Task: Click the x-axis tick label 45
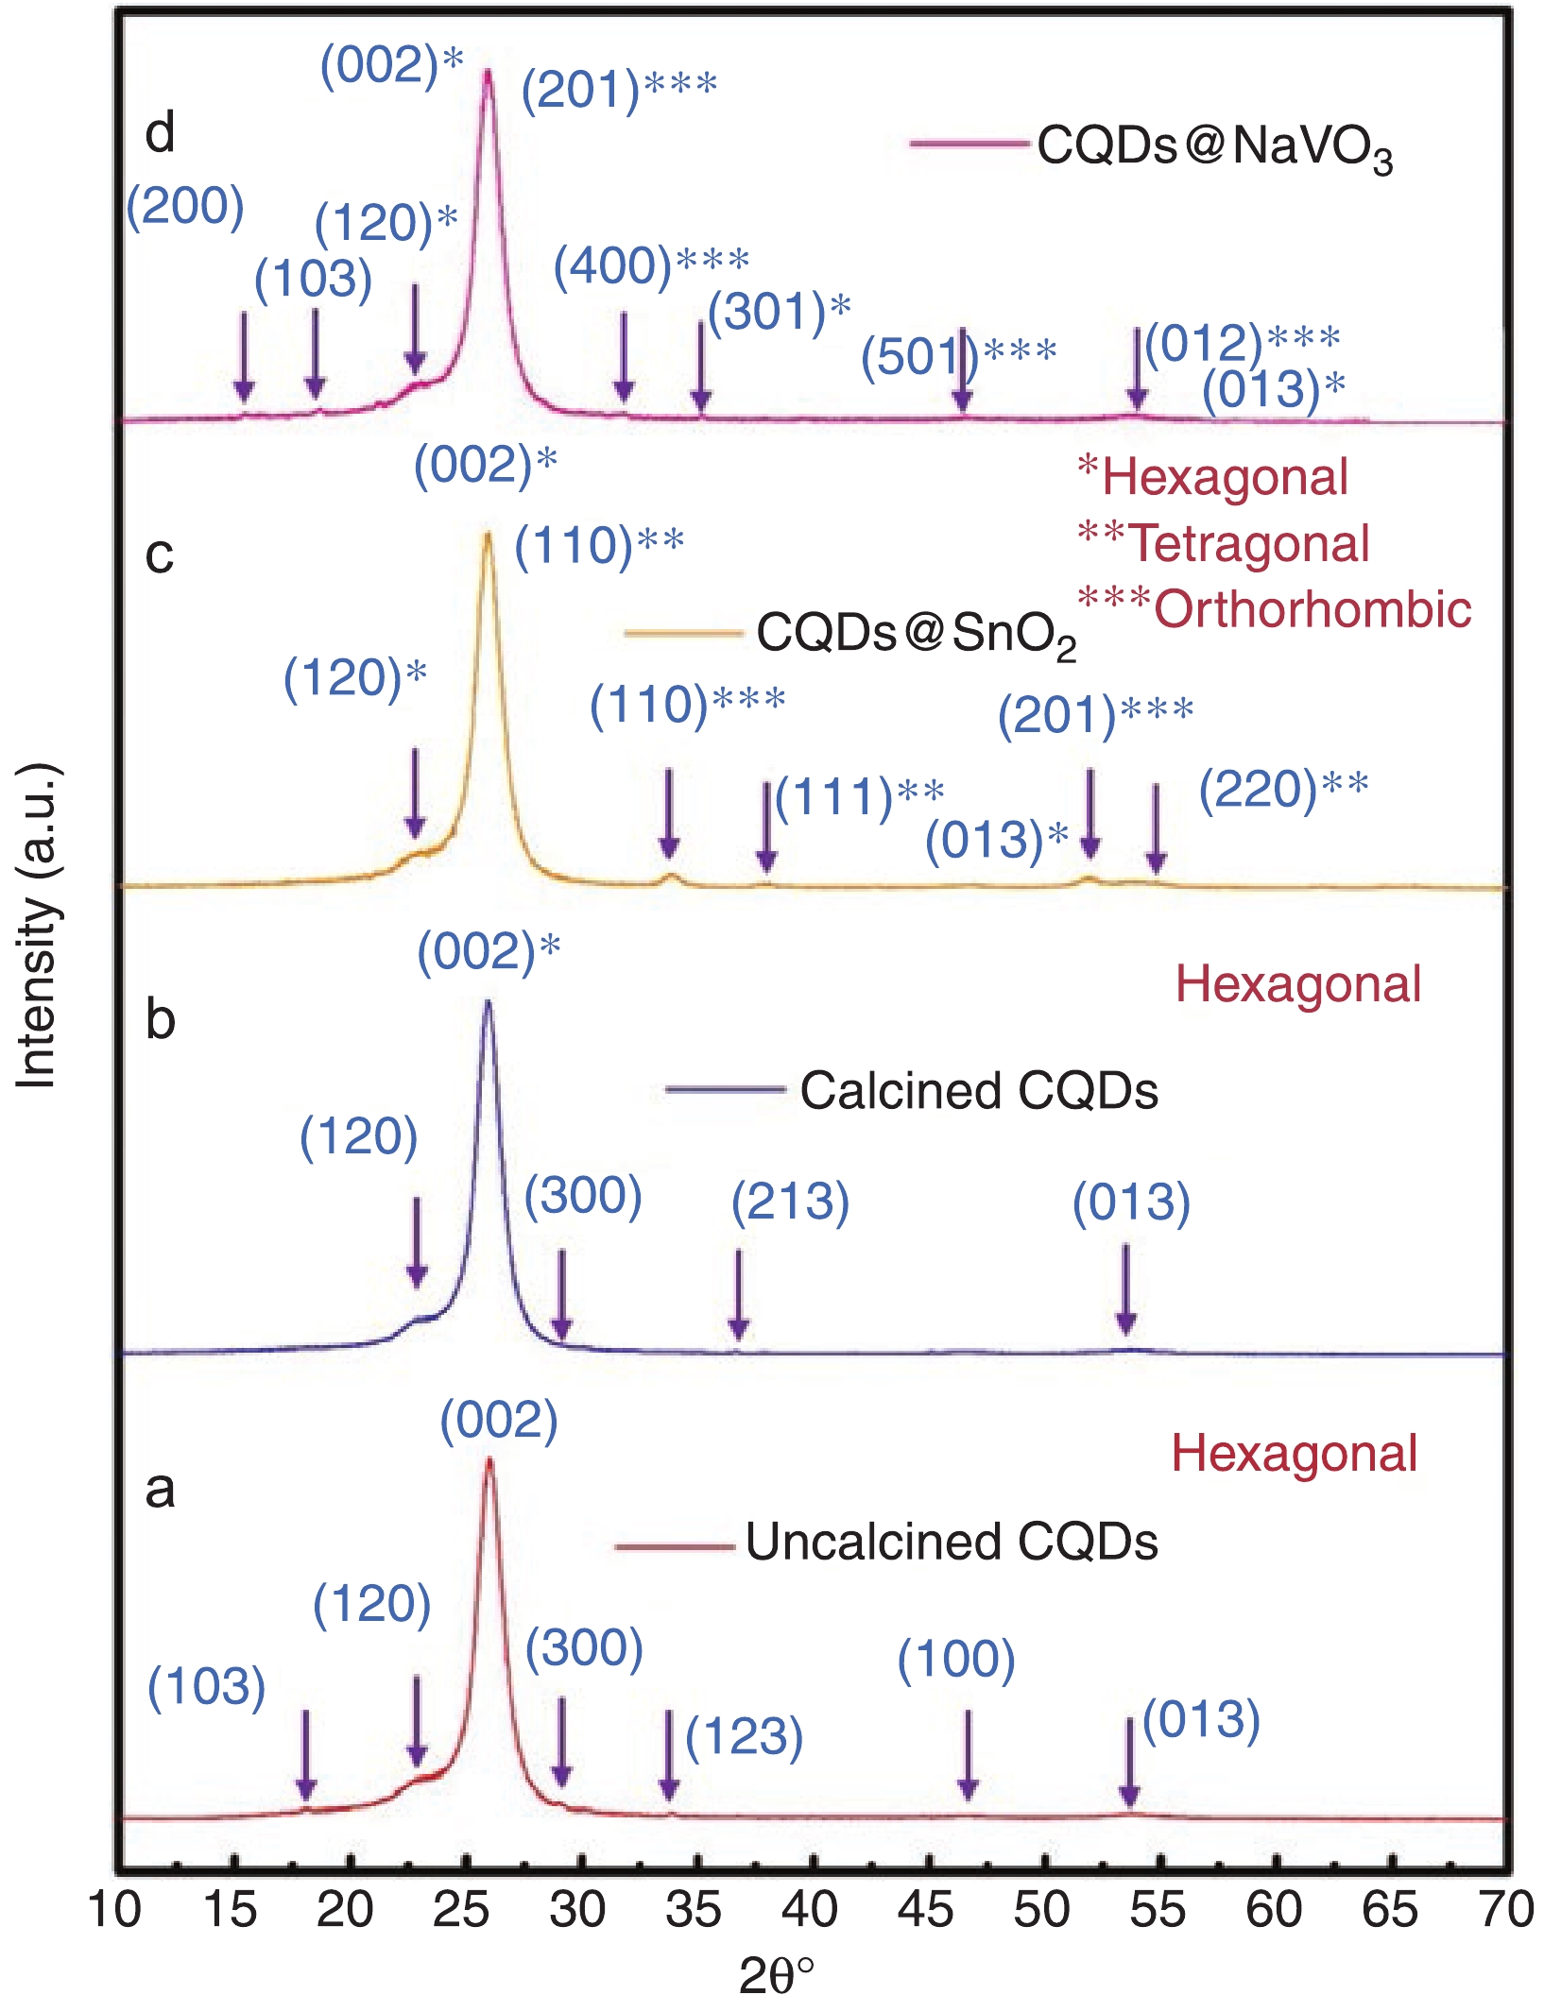point(926,1909)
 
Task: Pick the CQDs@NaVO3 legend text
point(1214,147)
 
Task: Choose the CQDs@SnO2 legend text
point(916,634)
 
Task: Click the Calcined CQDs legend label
point(978,1091)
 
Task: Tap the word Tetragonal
point(1248,543)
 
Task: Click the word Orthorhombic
point(1312,609)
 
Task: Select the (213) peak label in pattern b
point(790,1202)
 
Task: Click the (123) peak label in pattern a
point(744,1736)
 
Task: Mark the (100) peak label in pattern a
point(955,1659)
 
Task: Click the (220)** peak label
point(1283,789)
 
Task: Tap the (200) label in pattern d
point(185,206)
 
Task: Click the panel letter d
point(160,133)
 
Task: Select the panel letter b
point(160,1020)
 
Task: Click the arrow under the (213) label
point(739,1294)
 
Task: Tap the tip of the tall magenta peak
point(488,72)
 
